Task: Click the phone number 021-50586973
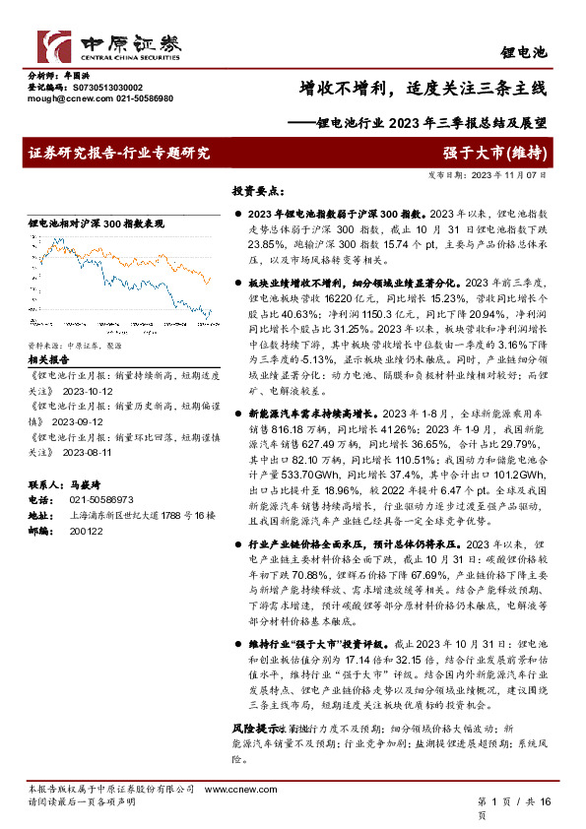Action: (90, 499)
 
